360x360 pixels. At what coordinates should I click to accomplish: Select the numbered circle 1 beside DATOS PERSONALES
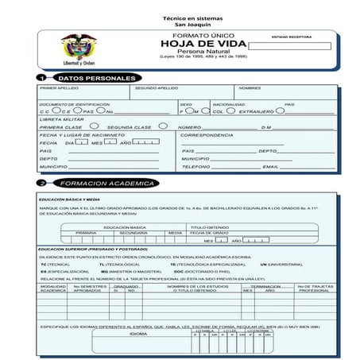coord(41,79)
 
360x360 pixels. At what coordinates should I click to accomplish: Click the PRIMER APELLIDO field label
coord(60,88)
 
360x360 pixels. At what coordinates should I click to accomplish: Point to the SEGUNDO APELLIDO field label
coord(157,88)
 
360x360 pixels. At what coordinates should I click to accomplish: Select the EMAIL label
coord(271,167)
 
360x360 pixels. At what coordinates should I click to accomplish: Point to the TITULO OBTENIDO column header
coord(209,227)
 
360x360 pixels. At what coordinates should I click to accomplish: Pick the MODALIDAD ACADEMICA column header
coord(53,288)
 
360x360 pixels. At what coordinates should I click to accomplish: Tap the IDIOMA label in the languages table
coord(138,335)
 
